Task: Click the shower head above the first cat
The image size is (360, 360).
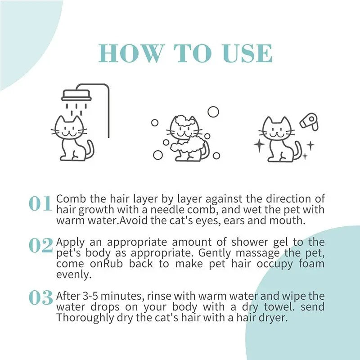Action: point(76,95)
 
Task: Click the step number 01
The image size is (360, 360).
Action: point(40,204)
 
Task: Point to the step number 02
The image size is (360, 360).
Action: point(40,245)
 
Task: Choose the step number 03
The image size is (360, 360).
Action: point(40,297)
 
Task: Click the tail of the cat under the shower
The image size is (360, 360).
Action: point(90,149)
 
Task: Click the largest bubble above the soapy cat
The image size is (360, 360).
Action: point(213,112)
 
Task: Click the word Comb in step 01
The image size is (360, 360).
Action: point(67,199)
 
